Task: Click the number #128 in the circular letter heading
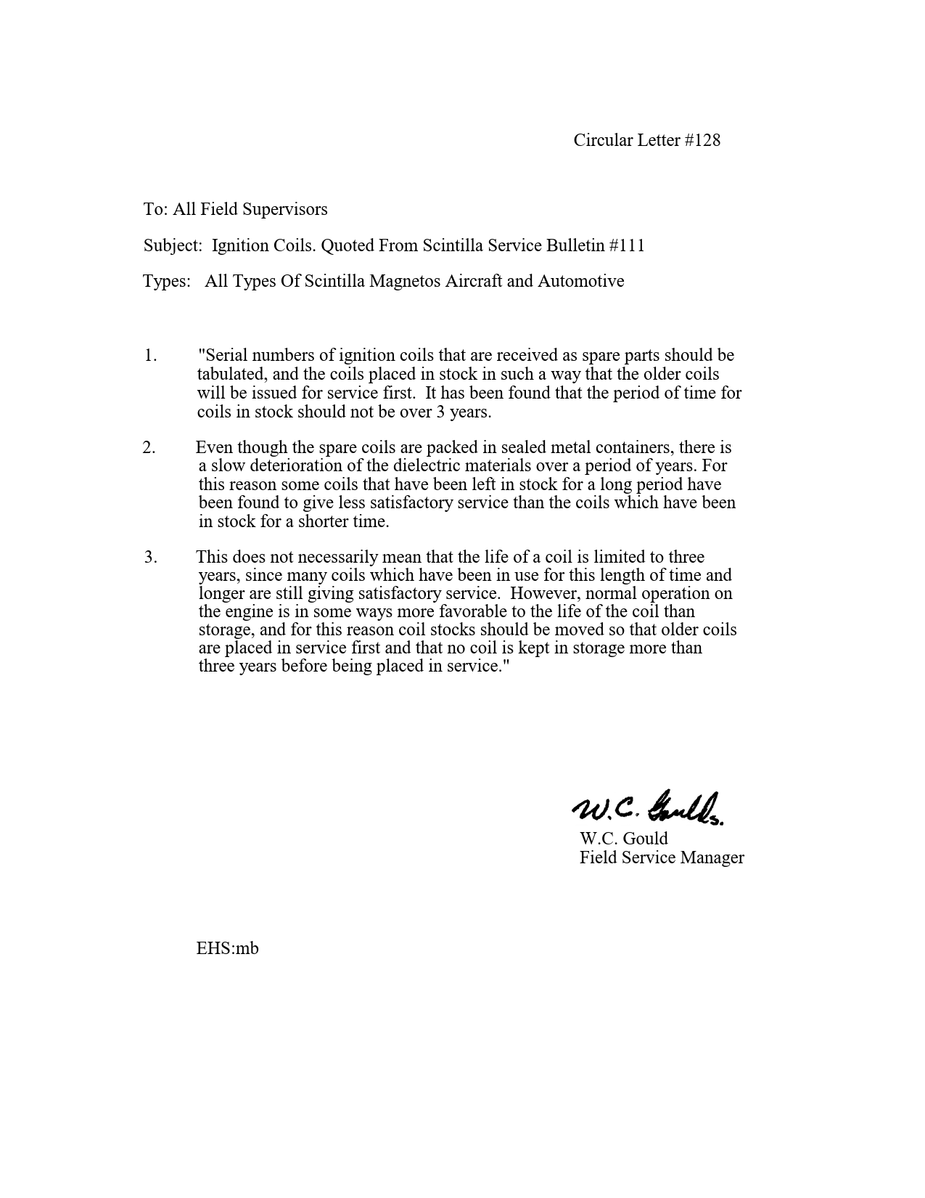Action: click(702, 140)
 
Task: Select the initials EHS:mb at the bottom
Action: click(227, 948)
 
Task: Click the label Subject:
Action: click(173, 245)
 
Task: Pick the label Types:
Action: click(167, 281)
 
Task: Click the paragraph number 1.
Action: click(150, 355)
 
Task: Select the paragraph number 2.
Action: click(149, 447)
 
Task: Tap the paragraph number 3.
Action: click(150, 557)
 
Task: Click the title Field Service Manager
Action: click(662, 857)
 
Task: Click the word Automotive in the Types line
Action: click(580, 281)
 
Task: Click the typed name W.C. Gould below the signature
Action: click(623, 839)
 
